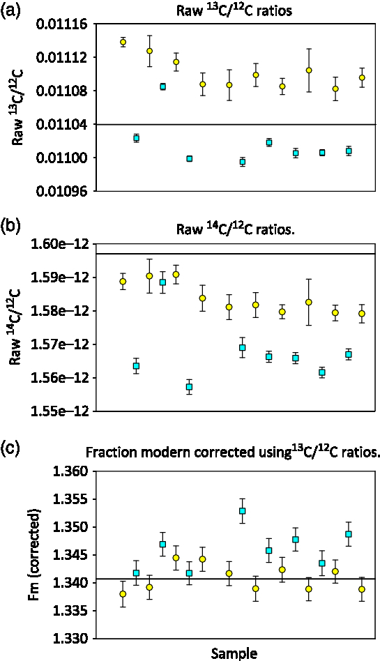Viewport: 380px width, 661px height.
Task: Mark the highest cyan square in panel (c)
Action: [x=243, y=511]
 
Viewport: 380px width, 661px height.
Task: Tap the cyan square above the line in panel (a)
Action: [x=163, y=86]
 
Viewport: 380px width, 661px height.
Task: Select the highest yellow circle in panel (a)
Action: [x=123, y=42]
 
